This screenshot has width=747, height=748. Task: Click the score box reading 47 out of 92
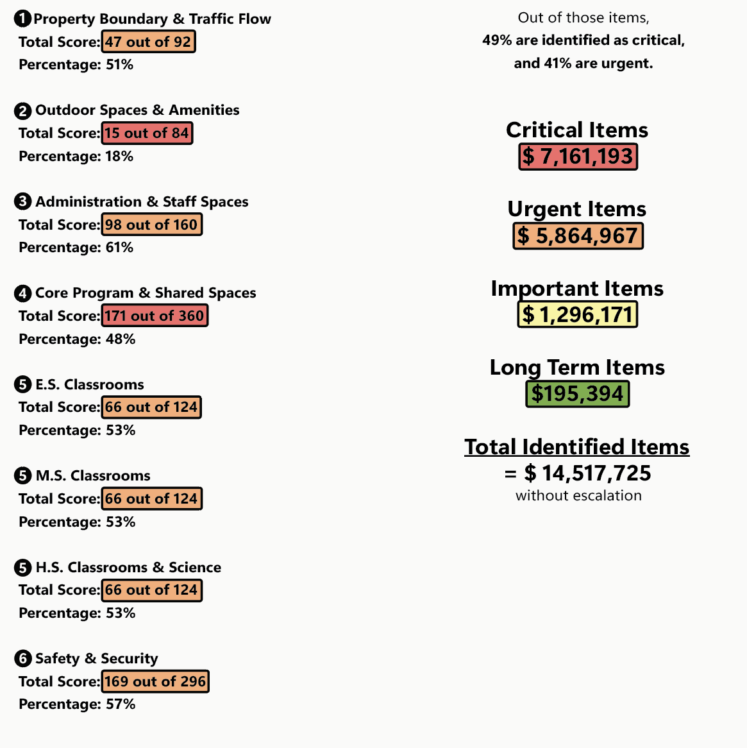pyautogui.click(x=148, y=42)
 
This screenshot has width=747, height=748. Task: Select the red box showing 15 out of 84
pyautogui.click(x=147, y=133)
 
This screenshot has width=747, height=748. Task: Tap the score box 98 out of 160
pyautogui.click(x=151, y=225)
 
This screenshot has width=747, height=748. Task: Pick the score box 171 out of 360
pyautogui.click(x=155, y=316)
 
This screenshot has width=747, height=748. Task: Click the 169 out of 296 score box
pyautogui.click(x=155, y=682)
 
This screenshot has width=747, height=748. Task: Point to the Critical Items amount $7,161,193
pyautogui.click(x=578, y=157)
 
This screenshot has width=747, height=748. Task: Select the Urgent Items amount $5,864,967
pyautogui.click(x=578, y=236)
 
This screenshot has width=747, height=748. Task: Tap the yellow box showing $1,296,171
pyautogui.click(x=577, y=315)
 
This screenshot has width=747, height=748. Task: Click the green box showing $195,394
pyautogui.click(x=577, y=394)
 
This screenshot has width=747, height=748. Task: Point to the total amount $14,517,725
pyautogui.click(x=587, y=473)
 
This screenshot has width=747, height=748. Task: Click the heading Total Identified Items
pyautogui.click(x=576, y=447)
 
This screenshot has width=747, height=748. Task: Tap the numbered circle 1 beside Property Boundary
pyautogui.click(x=22, y=19)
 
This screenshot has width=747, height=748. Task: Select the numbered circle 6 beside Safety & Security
pyautogui.click(x=22, y=659)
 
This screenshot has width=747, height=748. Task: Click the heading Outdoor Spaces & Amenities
pyautogui.click(x=137, y=110)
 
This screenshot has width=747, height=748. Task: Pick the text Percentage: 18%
pyautogui.click(x=76, y=157)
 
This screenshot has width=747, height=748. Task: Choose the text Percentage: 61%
pyautogui.click(x=76, y=248)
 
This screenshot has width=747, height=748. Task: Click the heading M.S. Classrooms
pyautogui.click(x=93, y=476)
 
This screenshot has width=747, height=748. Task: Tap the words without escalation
pyautogui.click(x=578, y=496)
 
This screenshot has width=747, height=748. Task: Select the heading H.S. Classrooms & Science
pyautogui.click(x=128, y=568)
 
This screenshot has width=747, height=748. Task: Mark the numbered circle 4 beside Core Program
pyautogui.click(x=22, y=294)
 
